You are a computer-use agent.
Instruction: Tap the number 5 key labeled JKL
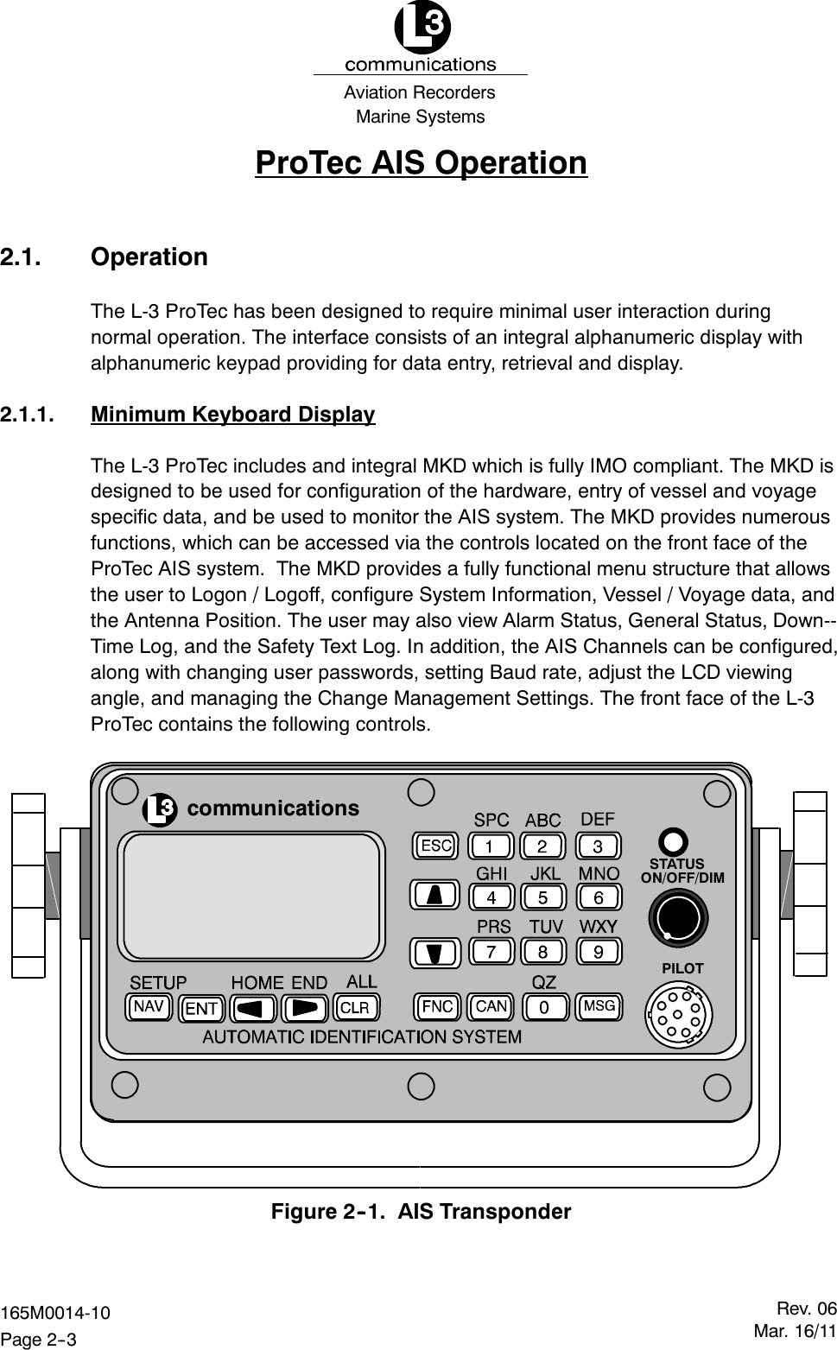pyautogui.click(x=543, y=897)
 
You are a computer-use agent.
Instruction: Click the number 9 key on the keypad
pyautogui.click(x=598, y=952)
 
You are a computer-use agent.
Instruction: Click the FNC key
pyautogui.click(x=438, y=1006)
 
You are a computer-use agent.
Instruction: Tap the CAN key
pyautogui.click(x=491, y=1006)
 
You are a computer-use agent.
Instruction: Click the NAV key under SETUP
pyautogui.click(x=149, y=1007)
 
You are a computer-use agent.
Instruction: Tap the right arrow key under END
pyautogui.click(x=306, y=1008)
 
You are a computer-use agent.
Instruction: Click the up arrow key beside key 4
pyautogui.click(x=437, y=897)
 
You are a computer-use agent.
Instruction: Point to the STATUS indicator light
pyautogui.click(x=674, y=841)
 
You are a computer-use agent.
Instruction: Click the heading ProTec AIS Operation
pyautogui.click(x=421, y=162)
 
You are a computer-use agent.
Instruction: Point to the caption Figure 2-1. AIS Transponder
pyautogui.click(x=422, y=1211)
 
